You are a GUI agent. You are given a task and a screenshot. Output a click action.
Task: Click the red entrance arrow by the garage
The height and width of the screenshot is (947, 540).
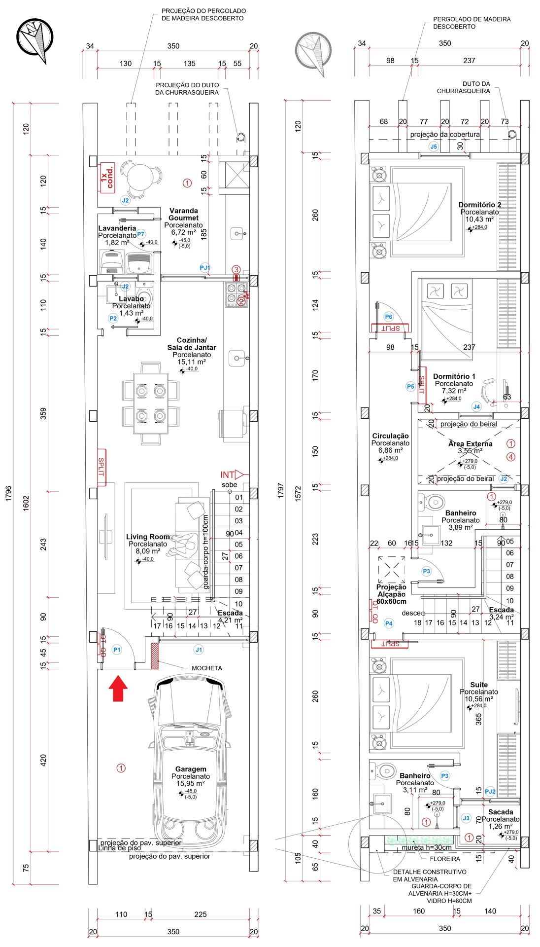coord(118,689)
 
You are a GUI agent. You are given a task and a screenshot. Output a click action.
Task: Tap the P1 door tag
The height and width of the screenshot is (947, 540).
coord(117,650)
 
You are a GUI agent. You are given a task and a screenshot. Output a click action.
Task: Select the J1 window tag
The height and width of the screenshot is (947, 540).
coord(199,650)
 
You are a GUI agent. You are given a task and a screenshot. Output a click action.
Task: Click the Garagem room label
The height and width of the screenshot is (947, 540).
coord(191,769)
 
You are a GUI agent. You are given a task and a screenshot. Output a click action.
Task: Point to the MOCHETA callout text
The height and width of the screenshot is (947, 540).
coord(206,668)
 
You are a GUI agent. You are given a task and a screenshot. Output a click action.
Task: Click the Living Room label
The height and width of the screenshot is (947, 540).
coord(148,537)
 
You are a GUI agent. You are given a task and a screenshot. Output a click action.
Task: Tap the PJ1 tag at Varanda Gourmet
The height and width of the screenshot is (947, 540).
coord(205,268)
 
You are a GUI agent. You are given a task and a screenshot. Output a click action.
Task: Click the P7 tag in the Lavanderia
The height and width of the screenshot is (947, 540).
coord(141,234)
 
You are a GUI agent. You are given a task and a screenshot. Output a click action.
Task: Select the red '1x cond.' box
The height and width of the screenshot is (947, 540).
coord(107,178)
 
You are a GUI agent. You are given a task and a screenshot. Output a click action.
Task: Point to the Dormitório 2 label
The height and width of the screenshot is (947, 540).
coord(479,205)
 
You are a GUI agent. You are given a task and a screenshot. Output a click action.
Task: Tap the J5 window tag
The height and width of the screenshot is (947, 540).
coord(434,146)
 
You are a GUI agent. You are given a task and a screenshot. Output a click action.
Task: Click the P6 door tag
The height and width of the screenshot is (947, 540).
coord(389,317)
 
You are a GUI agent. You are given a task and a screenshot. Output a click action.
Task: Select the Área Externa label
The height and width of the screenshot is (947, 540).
coord(470,443)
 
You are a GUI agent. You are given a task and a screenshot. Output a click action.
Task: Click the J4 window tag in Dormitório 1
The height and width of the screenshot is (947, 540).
coord(476,407)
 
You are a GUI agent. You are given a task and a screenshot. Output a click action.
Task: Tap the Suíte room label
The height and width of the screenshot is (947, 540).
coord(478,685)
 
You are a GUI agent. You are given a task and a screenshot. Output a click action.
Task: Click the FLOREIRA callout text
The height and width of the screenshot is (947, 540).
coord(445,859)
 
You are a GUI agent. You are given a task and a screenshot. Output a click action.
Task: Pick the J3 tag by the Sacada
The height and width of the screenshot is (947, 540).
coord(466,818)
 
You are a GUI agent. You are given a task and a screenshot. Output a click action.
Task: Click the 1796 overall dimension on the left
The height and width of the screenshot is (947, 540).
coord(8,493)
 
